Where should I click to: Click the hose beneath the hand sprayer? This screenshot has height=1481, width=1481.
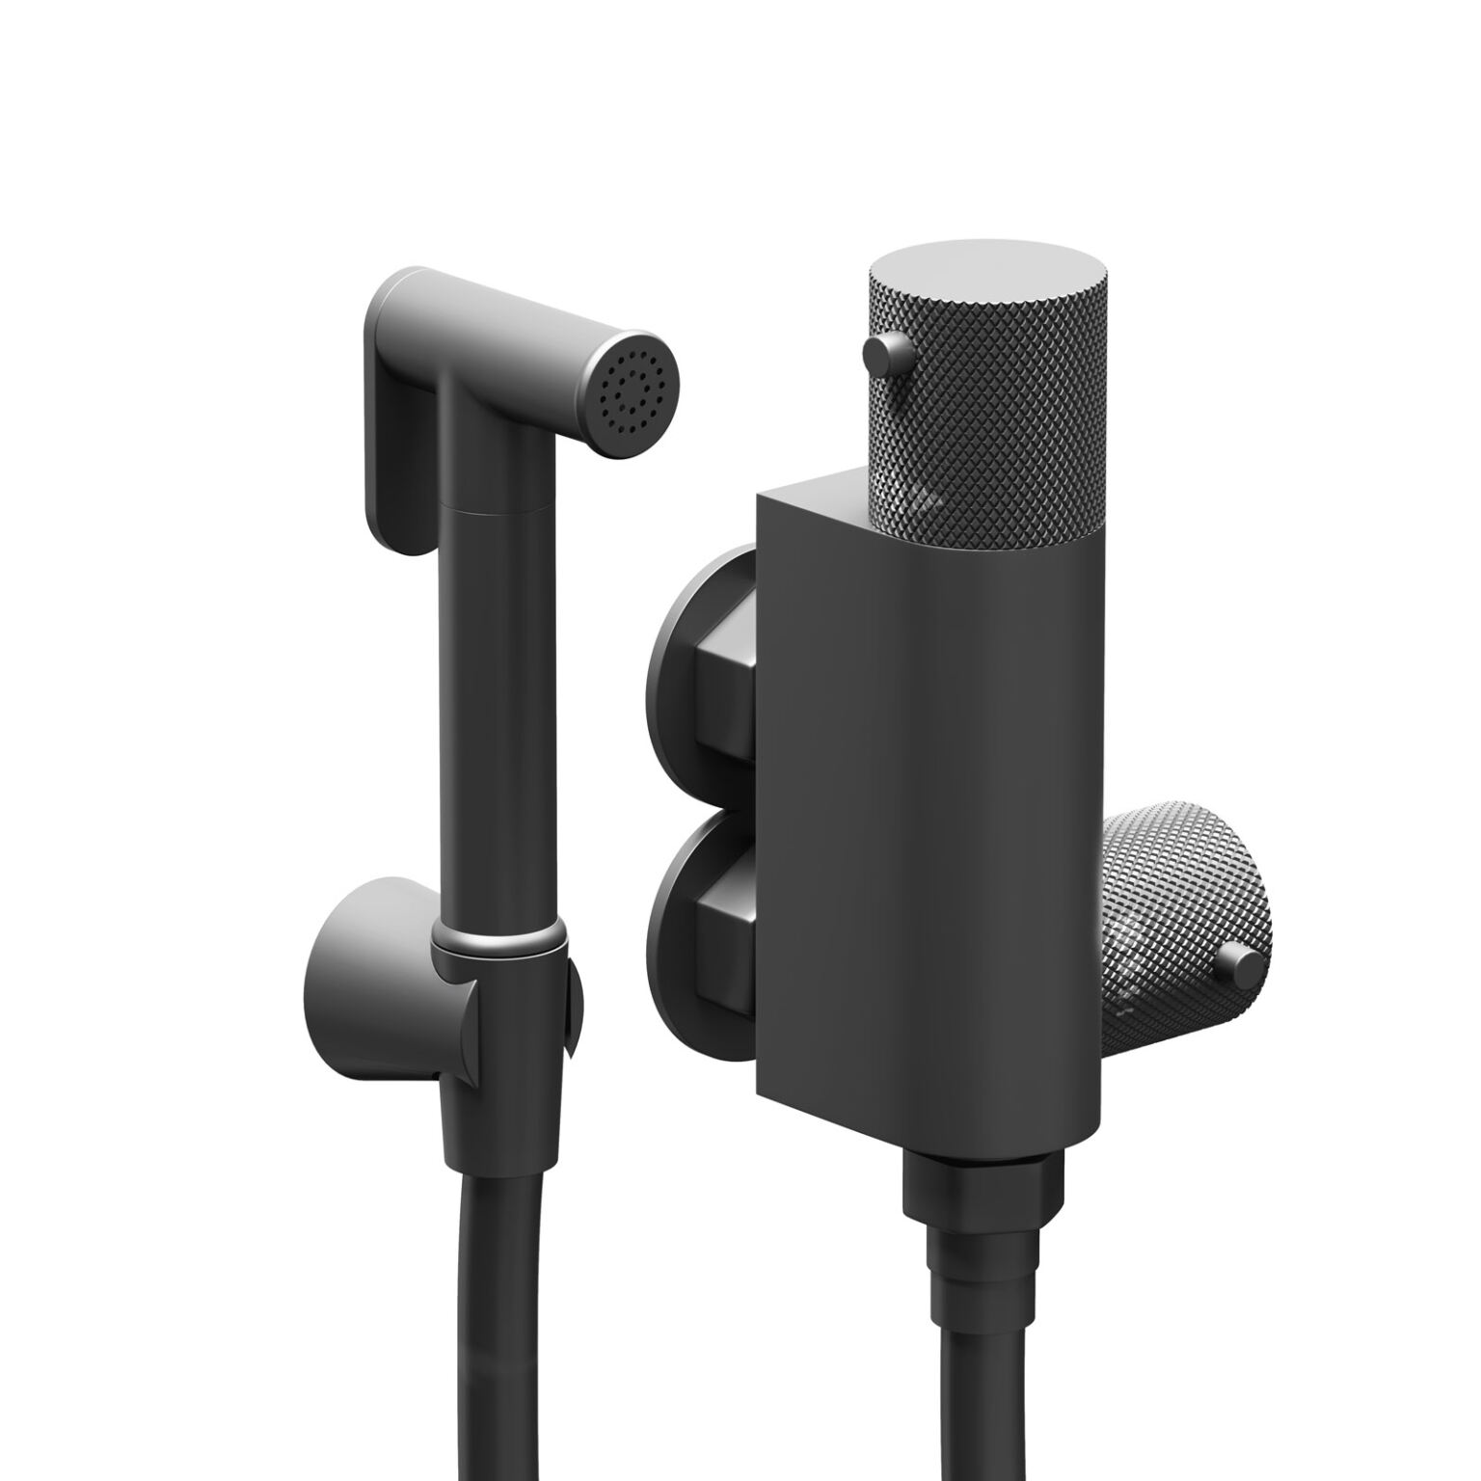click(x=501, y=1350)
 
